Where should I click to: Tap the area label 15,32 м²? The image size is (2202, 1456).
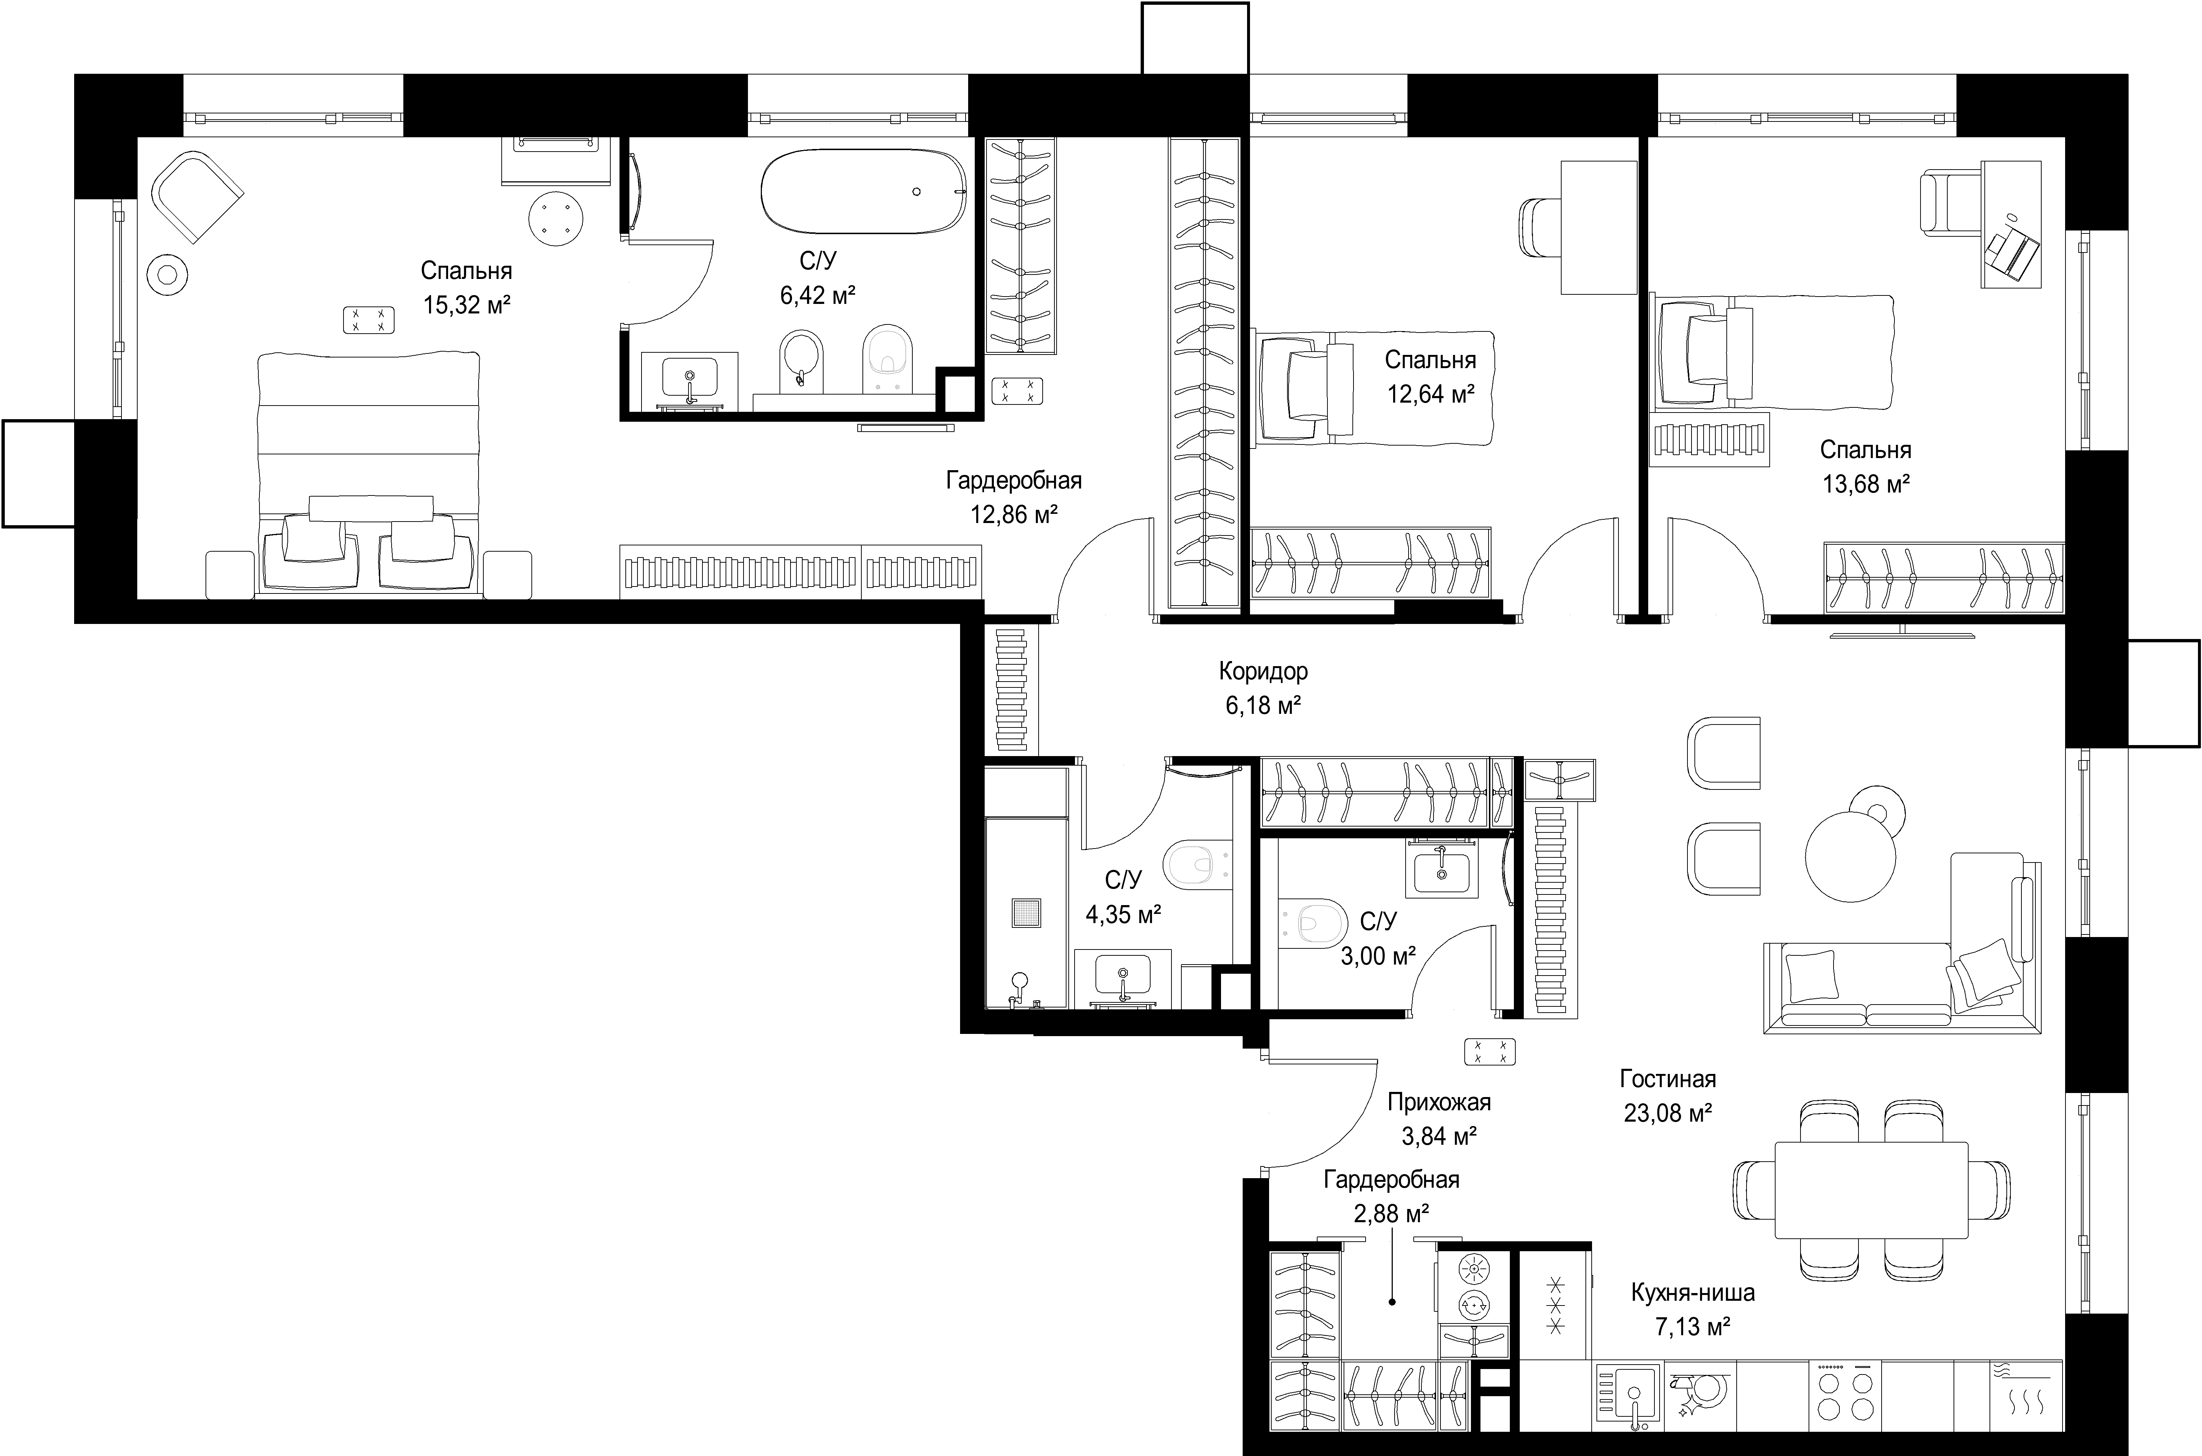tap(467, 305)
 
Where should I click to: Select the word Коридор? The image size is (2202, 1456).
tap(1264, 671)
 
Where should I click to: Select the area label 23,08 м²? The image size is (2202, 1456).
tap(1668, 1112)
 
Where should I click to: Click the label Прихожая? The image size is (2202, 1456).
tap(1439, 1102)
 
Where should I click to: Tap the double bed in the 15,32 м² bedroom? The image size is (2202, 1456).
tap(370, 473)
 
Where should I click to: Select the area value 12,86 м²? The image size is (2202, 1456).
tap(1015, 515)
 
